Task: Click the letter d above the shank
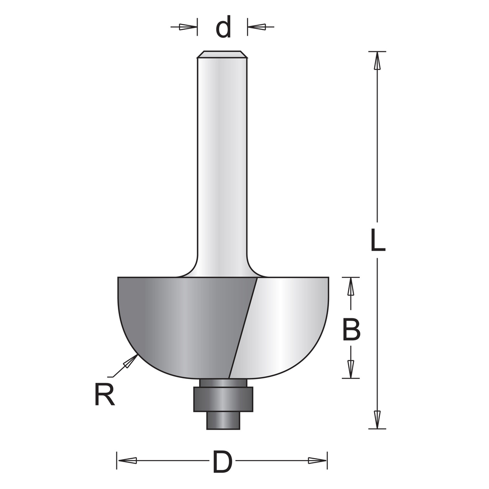point(223,27)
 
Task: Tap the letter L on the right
point(378,240)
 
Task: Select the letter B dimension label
point(351,329)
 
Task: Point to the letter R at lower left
point(104,395)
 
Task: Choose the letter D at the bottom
point(222,461)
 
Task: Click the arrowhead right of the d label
point(256,27)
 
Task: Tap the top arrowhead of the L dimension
point(377,61)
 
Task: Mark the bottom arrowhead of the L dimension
point(377,420)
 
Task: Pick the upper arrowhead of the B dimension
point(351,286)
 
